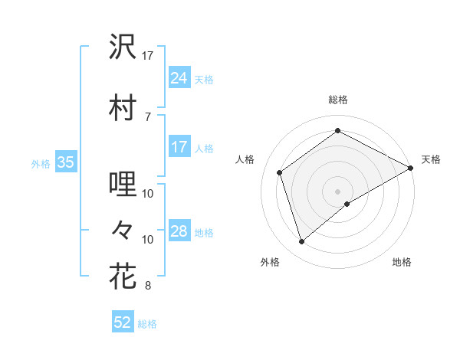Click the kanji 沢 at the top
click(x=123, y=47)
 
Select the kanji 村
click(x=123, y=106)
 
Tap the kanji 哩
click(x=123, y=185)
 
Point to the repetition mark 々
click(x=123, y=229)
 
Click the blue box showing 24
click(x=179, y=77)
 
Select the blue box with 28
click(x=179, y=231)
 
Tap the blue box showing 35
click(x=65, y=162)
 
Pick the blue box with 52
click(x=123, y=322)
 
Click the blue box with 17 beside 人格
click(x=179, y=147)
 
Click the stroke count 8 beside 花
click(x=148, y=286)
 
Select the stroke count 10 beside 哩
click(x=148, y=194)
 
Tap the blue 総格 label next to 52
click(x=147, y=324)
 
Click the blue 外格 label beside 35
click(x=41, y=163)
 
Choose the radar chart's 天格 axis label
click(x=431, y=159)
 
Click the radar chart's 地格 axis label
click(x=402, y=262)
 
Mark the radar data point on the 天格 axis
click(x=412, y=167)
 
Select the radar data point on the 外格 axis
click(x=302, y=242)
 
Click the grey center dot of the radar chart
click(x=338, y=190)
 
